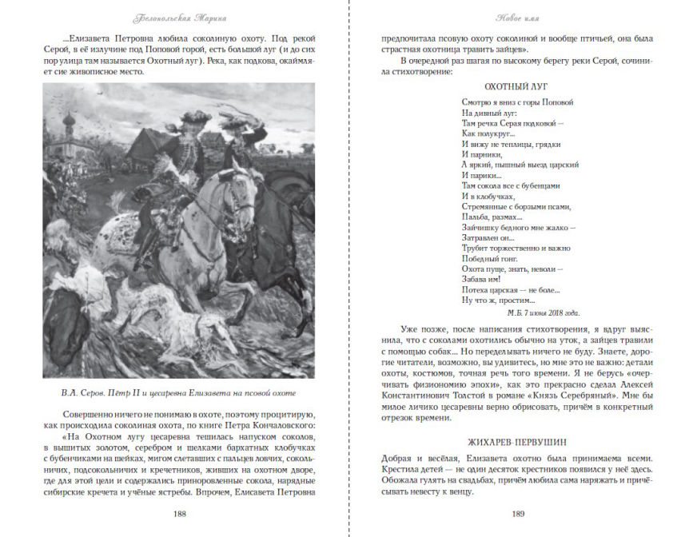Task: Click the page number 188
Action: [x=180, y=514]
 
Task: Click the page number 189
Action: [x=518, y=514]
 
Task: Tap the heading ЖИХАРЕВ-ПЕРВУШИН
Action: [x=517, y=442]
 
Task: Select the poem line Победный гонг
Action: [x=490, y=259]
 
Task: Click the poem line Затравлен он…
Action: [x=488, y=237]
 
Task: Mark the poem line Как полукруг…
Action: [x=486, y=133]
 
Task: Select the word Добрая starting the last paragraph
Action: [x=395, y=458]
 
